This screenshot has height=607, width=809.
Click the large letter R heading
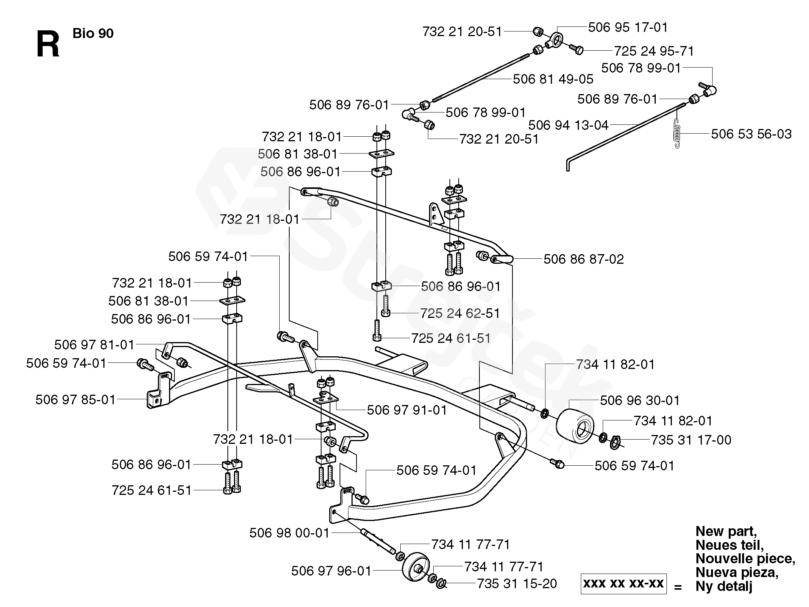(x=48, y=45)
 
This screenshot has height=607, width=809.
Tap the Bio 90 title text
(x=93, y=33)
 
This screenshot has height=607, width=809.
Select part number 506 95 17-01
(x=628, y=27)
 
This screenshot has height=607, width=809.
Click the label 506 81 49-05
(x=553, y=79)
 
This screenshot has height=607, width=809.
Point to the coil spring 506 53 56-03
(x=678, y=133)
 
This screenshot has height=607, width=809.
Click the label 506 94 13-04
(x=569, y=125)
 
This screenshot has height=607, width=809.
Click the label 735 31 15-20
(x=517, y=584)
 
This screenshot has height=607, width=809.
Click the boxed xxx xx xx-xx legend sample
(x=623, y=584)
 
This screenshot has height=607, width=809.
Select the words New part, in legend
(x=726, y=532)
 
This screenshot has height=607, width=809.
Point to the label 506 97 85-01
(x=76, y=400)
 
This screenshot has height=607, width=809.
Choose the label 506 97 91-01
(x=407, y=410)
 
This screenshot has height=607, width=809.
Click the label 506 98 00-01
(x=290, y=533)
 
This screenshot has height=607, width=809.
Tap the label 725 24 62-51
(x=460, y=313)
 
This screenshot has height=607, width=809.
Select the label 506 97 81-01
(x=94, y=345)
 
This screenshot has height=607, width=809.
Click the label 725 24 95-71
(x=654, y=51)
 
